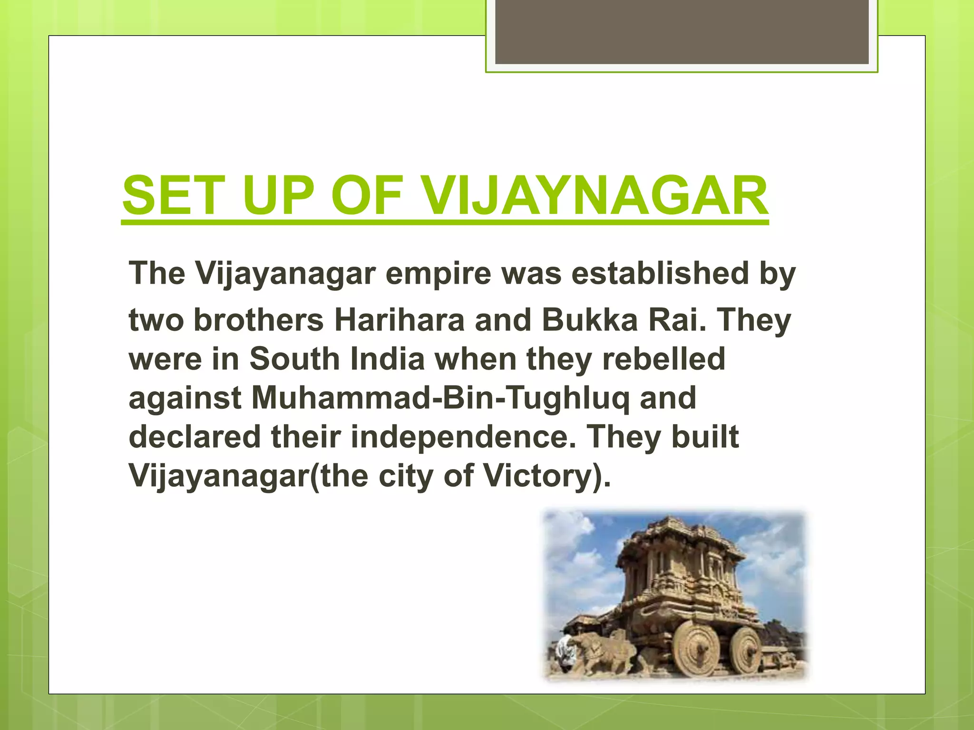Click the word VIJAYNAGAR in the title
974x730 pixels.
coord(594,196)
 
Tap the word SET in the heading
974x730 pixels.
coord(173,196)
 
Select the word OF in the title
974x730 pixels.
coord(368,196)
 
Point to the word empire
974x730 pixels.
coord(438,274)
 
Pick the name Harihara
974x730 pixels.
coord(399,320)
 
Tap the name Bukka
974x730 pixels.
coord(590,320)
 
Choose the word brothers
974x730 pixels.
coord(259,320)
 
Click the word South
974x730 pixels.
coord(294,359)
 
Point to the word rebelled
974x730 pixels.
coord(664,359)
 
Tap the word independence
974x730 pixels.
coord(459,437)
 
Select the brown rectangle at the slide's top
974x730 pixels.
coord(682,32)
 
